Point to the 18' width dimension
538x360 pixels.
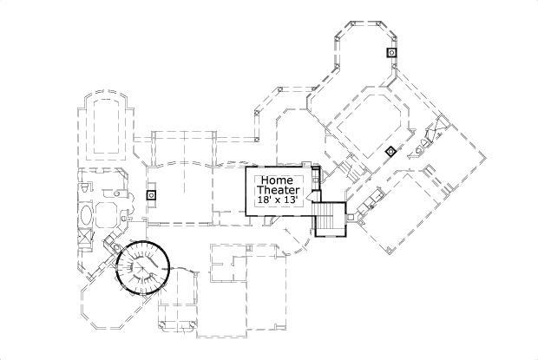click(264, 200)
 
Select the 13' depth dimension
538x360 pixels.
click(292, 200)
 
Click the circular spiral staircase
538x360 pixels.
click(143, 266)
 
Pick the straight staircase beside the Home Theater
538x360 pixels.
click(330, 218)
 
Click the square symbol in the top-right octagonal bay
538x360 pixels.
click(392, 53)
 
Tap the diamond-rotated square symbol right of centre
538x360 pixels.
click(390, 152)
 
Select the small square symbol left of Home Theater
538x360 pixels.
click(151, 195)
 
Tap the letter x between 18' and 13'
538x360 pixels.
click(278, 200)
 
